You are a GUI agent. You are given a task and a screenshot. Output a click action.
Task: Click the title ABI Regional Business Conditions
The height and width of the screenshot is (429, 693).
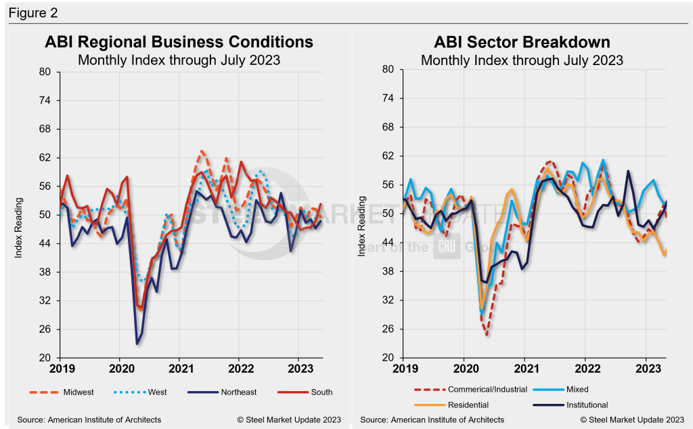[179, 42]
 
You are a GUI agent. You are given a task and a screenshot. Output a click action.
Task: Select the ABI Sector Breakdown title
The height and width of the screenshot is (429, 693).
[522, 42]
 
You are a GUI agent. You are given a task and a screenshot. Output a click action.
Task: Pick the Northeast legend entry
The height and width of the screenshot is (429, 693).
[240, 392]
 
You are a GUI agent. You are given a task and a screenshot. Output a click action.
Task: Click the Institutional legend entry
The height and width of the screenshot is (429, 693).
[585, 405]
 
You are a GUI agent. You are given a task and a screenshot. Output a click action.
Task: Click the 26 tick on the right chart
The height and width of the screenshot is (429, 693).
[388, 329]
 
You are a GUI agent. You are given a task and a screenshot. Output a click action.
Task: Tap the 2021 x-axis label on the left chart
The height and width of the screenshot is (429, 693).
[179, 369]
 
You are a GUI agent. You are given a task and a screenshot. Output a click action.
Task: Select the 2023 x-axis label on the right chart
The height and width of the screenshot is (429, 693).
[646, 369]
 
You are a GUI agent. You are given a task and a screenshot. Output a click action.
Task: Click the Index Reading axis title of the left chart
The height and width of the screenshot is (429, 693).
[19, 228]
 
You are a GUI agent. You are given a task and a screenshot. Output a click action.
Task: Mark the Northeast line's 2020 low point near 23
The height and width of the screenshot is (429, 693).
[137, 344]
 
